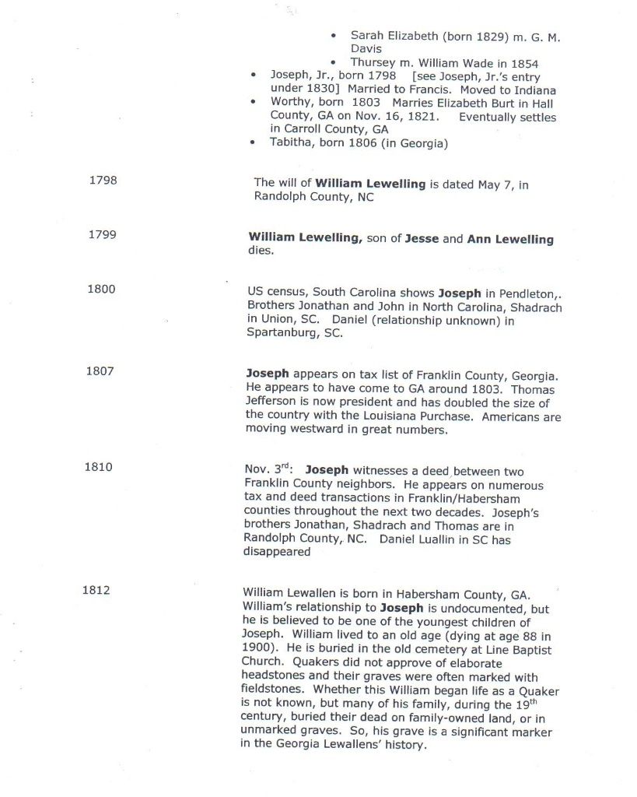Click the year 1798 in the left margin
[x=103, y=181]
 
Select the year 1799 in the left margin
[x=103, y=235]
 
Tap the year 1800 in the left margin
[x=102, y=290]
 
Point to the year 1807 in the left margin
[x=100, y=370]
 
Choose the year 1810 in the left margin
[x=98, y=467]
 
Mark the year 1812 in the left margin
[x=96, y=589]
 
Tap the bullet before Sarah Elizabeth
[x=333, y=37]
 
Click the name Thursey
[x=374, y=62]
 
